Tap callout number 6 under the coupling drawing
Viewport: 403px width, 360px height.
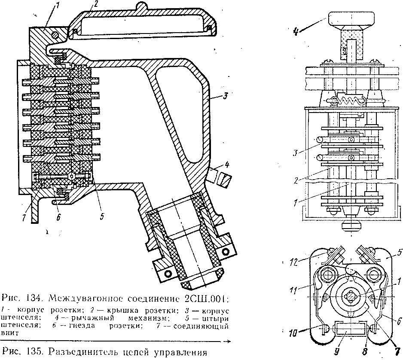click(58, 217)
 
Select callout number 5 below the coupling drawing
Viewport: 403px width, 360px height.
click(101, 217)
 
